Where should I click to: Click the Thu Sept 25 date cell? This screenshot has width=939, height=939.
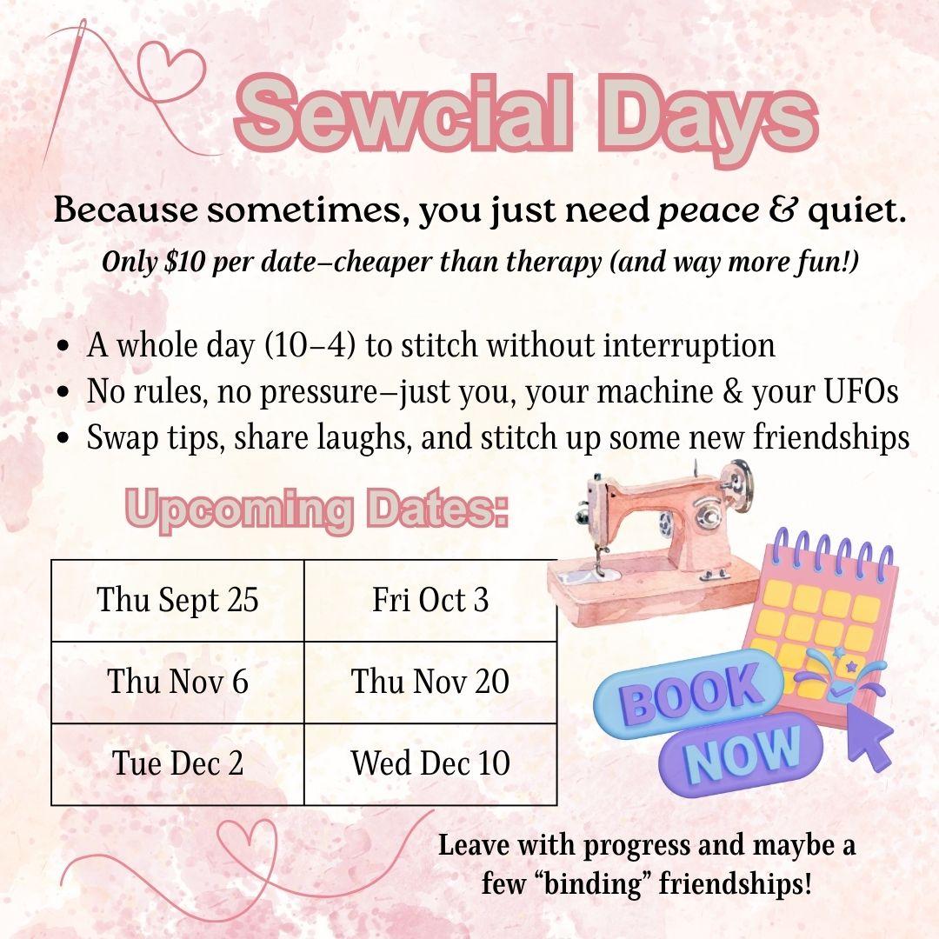coord(177,601)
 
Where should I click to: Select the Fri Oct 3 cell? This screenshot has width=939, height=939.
coord(430,601)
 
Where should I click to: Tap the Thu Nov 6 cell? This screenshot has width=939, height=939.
coord(177,682)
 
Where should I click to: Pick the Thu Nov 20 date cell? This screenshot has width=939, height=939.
coord(430,682)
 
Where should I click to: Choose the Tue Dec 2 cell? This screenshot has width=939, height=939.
coord(177,763)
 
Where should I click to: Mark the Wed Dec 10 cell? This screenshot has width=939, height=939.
coord(430,763)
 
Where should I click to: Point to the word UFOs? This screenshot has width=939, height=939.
coord(856,391)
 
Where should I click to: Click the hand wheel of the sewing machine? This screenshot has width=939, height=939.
coord(739,483)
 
